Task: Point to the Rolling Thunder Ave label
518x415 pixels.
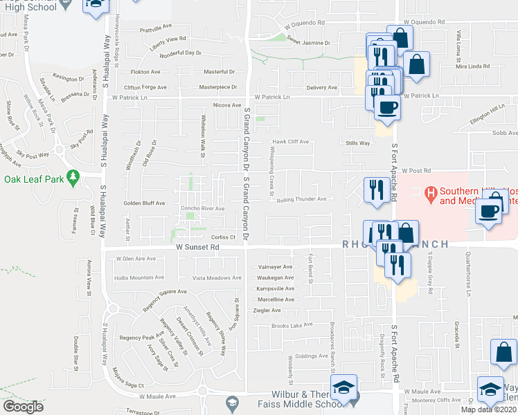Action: [301, 199]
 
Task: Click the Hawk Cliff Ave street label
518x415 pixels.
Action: [290, 142]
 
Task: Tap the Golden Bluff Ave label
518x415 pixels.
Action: [145, 203]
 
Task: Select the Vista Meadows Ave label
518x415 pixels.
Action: [217, 277]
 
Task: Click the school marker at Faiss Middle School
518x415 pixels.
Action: [343, 389]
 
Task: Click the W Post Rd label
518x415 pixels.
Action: [416, 170]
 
